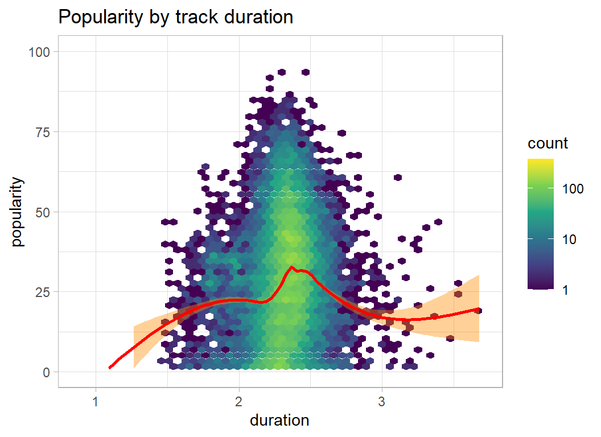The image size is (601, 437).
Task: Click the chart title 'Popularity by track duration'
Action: pos(176,18)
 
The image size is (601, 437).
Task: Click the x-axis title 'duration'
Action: pos(279,420)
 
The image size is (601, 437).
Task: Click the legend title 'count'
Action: pos(548,143)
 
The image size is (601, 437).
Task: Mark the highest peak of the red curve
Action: pos(291,267)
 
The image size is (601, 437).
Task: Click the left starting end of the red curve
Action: pos(110,368)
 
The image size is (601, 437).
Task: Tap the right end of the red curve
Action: pos(478,309)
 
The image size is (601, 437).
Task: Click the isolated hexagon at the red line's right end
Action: pos(479,311)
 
